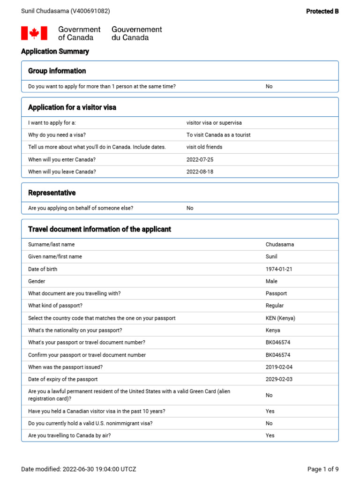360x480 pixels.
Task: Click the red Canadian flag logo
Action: [34, 33]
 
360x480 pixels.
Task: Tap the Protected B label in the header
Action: [322, 11]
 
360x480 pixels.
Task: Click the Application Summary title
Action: [55, 52]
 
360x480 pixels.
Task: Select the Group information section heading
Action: [57, 71]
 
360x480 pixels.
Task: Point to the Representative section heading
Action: [52, 193]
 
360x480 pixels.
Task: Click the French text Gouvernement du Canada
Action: [136, 33]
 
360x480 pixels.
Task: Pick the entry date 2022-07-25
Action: [200, 159]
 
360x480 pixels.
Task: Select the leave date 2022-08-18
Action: [200, 172]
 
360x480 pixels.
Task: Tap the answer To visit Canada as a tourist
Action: [218, 135]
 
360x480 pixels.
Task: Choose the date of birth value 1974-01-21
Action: [279, 269]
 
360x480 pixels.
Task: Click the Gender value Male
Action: [271, 281]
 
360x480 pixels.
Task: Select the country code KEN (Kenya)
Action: [280, 318]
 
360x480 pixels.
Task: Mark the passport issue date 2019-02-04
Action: [279, 367]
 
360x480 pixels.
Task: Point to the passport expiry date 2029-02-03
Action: [279, 379]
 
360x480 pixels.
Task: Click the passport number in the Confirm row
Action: [278, 355]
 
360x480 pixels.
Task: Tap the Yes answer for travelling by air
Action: [270, 435]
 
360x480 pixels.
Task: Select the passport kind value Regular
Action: [275, 306]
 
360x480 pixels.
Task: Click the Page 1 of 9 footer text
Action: [322, 469]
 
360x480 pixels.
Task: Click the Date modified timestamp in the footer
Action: [79, 469]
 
